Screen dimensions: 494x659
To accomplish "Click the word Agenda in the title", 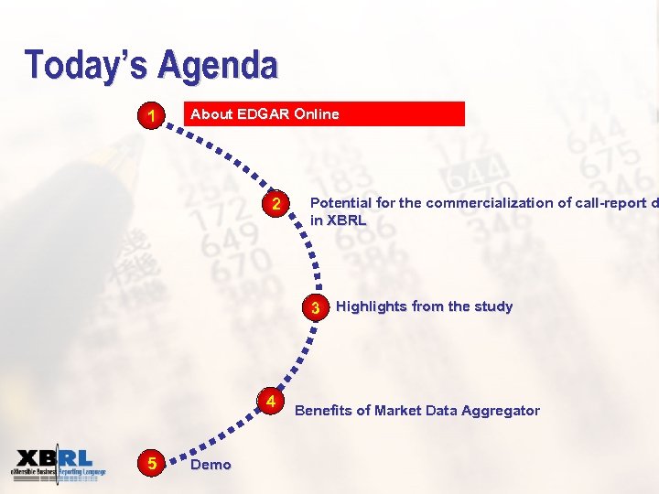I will (218, 66).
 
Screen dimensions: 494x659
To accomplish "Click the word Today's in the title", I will (88, 66).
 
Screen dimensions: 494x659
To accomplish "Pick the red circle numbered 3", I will (315, 307).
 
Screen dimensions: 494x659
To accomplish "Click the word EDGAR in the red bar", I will (264, 114).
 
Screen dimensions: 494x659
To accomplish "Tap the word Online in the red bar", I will (316, 114).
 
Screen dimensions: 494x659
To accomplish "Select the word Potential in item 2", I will (340, 203).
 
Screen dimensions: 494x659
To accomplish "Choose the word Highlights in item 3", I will (372, 306).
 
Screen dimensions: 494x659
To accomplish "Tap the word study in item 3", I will (492, 306).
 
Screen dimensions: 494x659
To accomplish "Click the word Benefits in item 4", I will (323, 411).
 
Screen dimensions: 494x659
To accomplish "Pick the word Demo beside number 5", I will (210, 465).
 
